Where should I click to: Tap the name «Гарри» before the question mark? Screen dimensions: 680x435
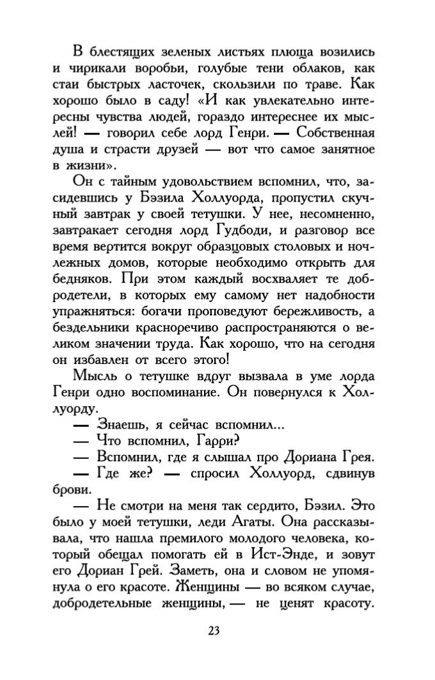[214, 439]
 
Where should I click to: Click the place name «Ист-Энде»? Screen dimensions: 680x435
[288, 556]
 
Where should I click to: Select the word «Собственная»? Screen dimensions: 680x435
[333, 134]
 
